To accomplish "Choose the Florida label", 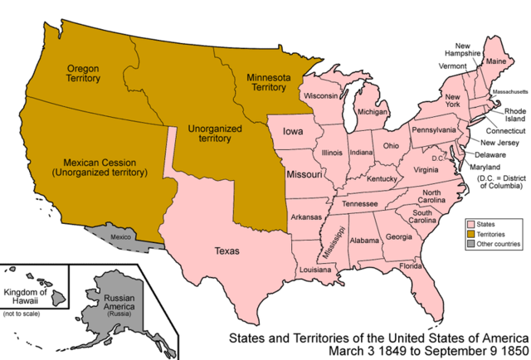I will (411, 266).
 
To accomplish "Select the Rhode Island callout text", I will (505, 115).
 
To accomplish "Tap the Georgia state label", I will (398, 237).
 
